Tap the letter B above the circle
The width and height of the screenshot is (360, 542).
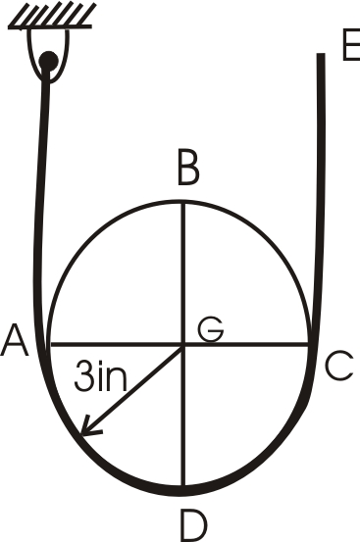[187, 172]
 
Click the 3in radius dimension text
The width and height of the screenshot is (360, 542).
[100, 376]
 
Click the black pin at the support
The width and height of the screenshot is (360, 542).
[48, 67]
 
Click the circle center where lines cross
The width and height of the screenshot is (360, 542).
[183, 344]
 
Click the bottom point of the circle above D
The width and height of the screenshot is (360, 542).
[183, 485]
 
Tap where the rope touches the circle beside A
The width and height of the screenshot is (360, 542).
[46, 344]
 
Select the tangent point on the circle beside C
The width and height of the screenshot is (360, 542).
[312, 344]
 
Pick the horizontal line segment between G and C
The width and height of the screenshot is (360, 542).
[250, 344]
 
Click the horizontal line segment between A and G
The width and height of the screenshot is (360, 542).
[113, 344]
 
